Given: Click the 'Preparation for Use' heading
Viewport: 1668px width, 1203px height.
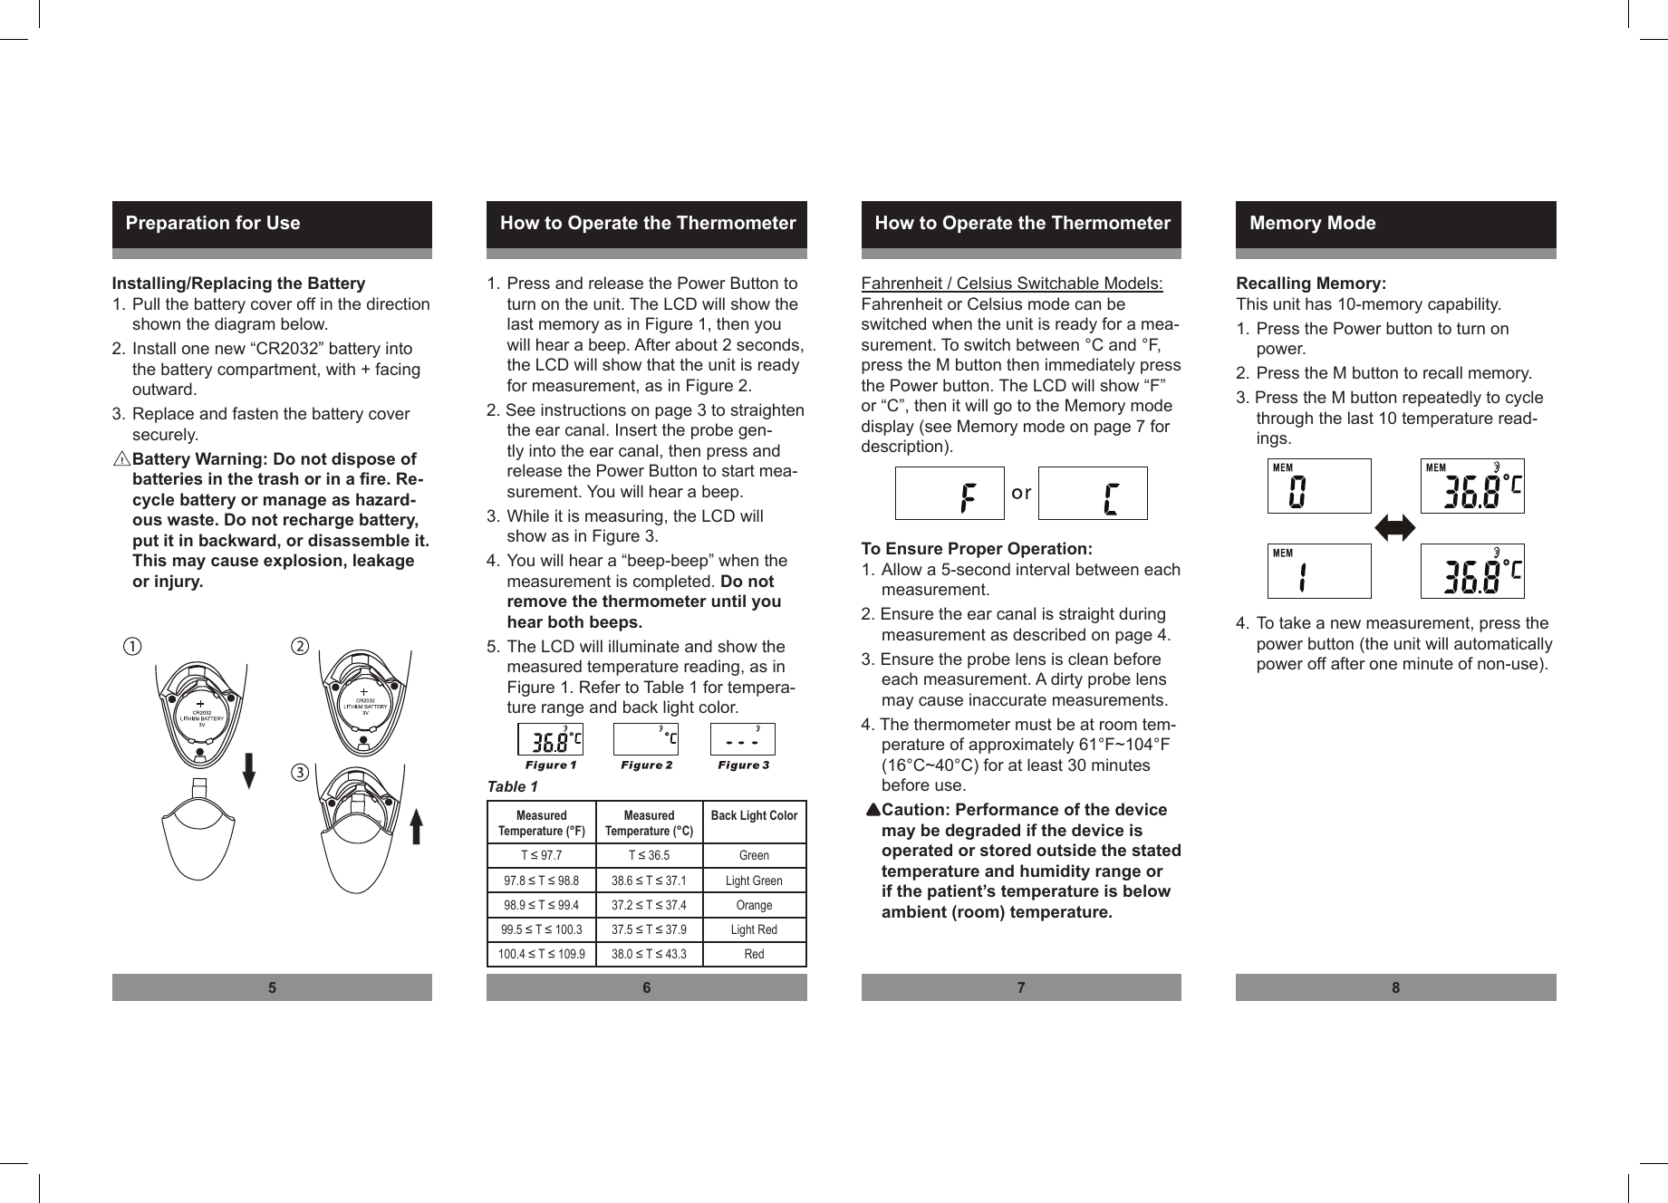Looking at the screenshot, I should point(213,223).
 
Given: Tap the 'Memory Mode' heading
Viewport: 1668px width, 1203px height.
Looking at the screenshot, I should point(1312,223).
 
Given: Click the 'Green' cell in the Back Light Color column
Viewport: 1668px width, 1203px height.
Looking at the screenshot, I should point(754,855).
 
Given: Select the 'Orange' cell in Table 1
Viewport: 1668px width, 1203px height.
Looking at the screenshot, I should point(754,905).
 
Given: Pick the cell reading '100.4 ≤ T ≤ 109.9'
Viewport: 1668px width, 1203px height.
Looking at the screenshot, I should point(542,954).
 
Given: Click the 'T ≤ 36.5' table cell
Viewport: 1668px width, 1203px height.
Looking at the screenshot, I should point(649,855).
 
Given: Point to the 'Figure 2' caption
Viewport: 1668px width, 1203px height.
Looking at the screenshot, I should point(646,765).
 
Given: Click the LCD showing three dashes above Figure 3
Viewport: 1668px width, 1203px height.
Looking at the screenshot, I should point(742,739).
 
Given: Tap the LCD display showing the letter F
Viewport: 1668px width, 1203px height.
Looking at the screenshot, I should point(950,494).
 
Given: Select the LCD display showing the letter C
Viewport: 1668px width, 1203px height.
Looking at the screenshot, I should point(1093,494).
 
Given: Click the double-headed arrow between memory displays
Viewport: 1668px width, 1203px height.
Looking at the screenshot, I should point(1395,528).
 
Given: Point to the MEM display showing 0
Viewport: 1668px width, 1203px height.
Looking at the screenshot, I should point(1319,486).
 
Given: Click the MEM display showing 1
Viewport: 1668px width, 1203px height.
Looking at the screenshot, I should point(1319,572).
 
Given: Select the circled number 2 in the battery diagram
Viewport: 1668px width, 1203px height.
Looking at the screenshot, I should point(300,647).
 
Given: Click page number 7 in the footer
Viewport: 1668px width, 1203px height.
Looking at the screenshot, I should point(1021,987).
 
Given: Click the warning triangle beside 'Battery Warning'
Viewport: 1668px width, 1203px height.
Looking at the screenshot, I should point(121,459).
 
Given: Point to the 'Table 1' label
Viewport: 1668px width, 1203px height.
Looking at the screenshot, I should point(513,786).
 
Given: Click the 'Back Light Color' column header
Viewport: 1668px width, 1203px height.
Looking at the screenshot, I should point(754,816).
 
